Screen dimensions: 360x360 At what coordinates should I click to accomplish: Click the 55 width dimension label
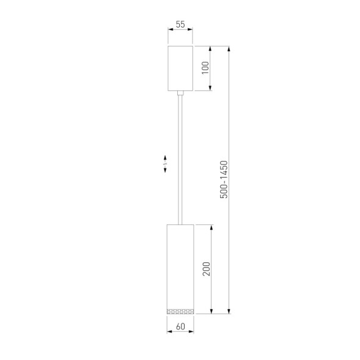[180, 25]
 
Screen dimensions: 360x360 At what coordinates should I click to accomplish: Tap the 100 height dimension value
[205, 68]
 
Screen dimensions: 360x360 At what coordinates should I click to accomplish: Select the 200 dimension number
[207, 269]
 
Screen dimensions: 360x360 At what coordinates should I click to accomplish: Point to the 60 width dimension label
[180, 326]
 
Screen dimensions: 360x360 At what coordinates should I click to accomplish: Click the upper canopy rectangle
[180, 68]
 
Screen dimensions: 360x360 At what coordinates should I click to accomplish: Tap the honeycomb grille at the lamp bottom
[180, 312]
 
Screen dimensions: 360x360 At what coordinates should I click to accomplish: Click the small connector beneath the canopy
[180, 94]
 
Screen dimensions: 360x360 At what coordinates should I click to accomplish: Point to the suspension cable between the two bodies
[180, 159]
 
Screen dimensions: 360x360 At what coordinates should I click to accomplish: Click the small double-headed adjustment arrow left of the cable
[165, 166]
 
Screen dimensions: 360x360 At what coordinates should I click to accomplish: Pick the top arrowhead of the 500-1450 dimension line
[229, 48]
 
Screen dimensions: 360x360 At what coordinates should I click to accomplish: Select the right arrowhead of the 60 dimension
[193, 332]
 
